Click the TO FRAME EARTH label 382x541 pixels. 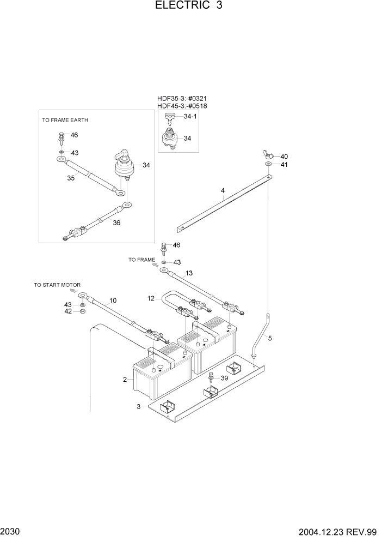pos(65,120)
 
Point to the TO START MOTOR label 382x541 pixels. pos(57,285)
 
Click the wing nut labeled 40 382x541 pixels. pos(269,156)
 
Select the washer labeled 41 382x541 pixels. pos(269,164)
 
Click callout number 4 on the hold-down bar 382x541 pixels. pos(223,190)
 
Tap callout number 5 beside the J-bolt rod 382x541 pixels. pos(270,338)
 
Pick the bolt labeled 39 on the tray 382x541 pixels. pos(211,378)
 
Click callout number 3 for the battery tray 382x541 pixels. pos(138,406)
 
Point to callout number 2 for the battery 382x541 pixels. pos(125,379)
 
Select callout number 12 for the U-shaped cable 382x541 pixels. pos(151,298)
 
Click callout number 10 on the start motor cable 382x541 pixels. pos(113,300)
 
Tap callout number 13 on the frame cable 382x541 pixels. pos(189,273)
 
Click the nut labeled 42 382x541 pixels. pos(82,311)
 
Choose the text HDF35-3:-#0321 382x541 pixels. pos(182,99)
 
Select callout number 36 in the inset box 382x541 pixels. pos(116,223)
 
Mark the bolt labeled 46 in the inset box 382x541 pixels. pos(61,136)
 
